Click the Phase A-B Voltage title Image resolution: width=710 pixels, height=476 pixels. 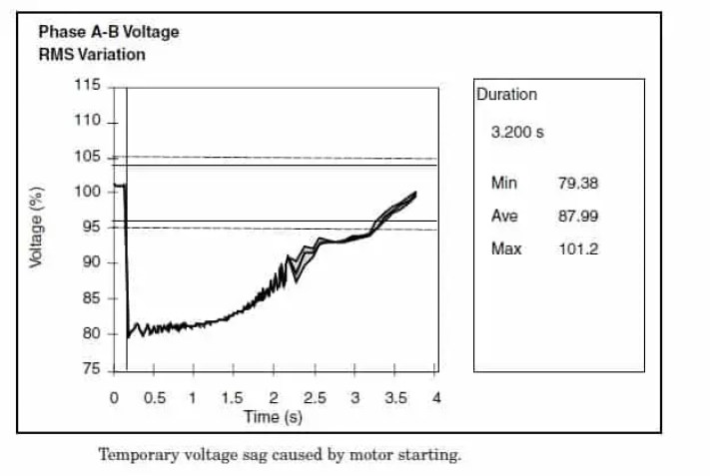pyautogui.click(x=109, y=32)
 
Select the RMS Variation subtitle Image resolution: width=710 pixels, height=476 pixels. pyautogui.click(x=91, y=54)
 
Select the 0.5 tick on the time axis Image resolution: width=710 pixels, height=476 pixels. pyautogui.click(x=154, y=397)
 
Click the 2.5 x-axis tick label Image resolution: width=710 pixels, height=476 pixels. pyautogui.click(x=314, y=397)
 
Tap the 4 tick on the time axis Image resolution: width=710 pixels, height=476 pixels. pyautogui.click(x=435, y=397)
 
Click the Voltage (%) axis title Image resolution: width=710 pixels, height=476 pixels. pyautogui.click(x=36, y=227)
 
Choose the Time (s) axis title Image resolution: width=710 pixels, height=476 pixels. pyautogui.click(x=273, y=415)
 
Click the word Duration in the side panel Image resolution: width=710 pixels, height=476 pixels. pyautogui.click(x=506, y=95)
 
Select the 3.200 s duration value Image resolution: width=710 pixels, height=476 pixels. pyautogui.click(x=517, y=132)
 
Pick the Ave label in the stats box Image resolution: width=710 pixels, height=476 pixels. pyautogui.click(x=503, y=216)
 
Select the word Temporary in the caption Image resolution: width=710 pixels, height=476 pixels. pyautogui.click(x=136, y=455)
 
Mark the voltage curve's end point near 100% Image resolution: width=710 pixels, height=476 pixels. pyautogui.click(x=414, y=193)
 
